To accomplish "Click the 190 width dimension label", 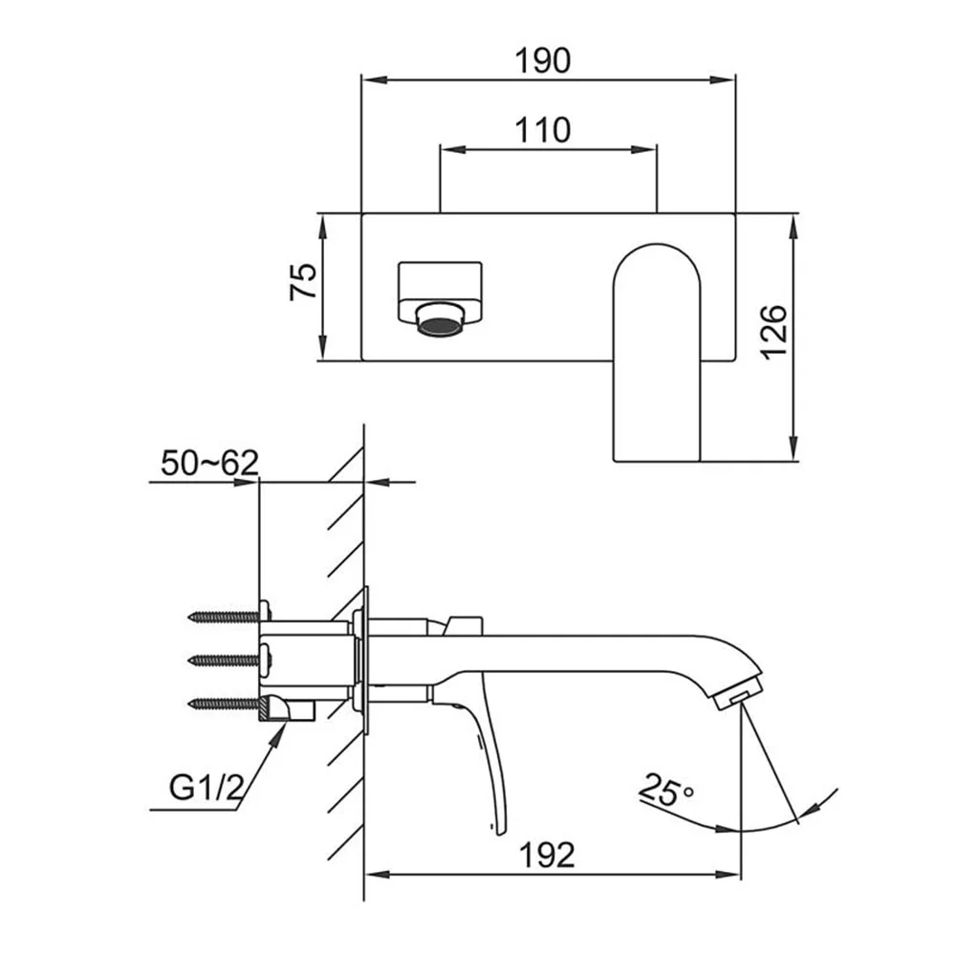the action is coord(543,60).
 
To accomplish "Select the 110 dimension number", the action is coord(543,130).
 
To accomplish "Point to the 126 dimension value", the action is coord(775,333).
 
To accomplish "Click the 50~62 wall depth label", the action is coord(209,463).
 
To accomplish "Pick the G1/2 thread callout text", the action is coord(206,789).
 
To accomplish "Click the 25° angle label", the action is coord(666,790).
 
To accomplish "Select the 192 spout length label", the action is coord(547,855).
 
